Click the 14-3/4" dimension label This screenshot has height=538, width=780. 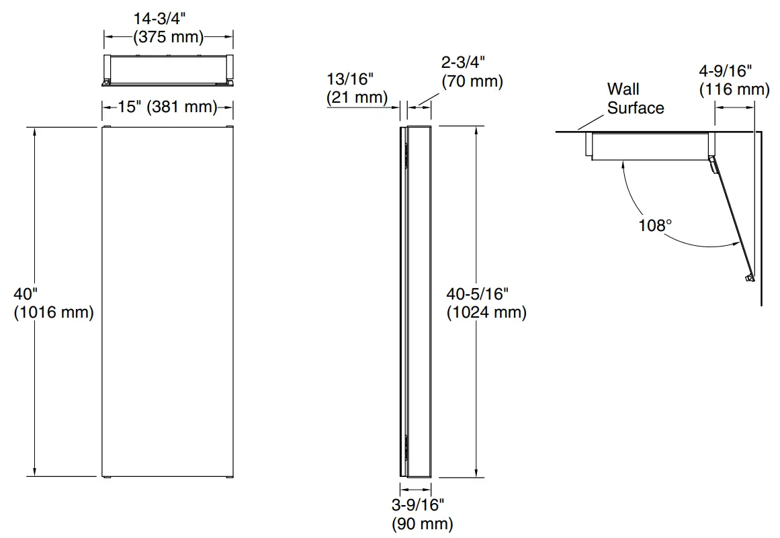(168, 19)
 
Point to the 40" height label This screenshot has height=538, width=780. (26, 294)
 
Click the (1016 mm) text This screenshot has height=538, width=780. (54, 312)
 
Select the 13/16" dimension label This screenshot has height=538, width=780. (349, 79)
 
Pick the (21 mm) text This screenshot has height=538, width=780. (357, 97)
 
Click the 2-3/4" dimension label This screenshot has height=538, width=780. (463, 62)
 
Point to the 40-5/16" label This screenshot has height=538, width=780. (478, 294)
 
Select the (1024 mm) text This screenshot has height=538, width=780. (486, 312)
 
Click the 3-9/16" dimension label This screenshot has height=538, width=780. (418, 505)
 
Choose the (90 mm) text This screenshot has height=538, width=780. (422, 523)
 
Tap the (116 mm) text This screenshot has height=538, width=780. (734, 89)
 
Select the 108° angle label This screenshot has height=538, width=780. (655, 225)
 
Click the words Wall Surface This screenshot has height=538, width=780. (635, 98)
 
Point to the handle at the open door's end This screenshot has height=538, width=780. (748, 277)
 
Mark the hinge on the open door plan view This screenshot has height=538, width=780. (712, 161)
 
